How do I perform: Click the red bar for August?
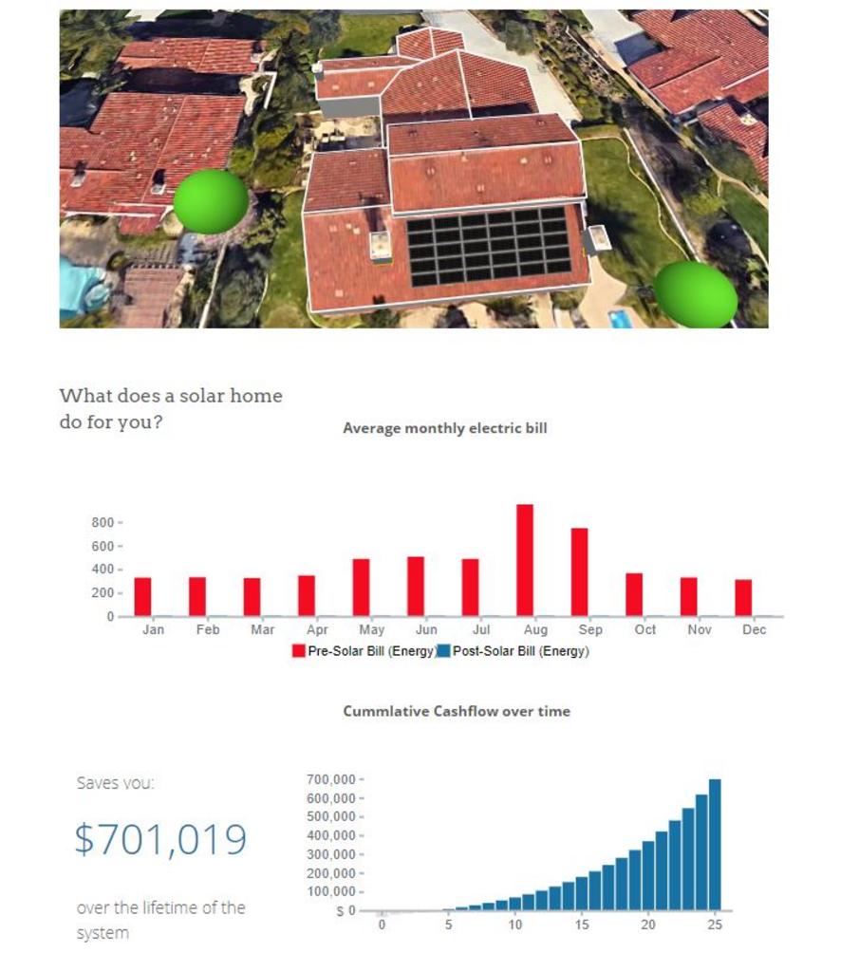tap(525, 560)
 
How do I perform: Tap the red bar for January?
tap(142, 596)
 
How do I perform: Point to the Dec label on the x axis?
tap(754, 629)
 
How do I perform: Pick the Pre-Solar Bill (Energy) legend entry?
tap(364, 651)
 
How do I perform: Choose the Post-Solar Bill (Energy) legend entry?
tap(514, 651)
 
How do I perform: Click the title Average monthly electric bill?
tap(444, 428)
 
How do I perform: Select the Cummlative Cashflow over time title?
tap(457, 711)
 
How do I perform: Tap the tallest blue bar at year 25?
tap(715, 844)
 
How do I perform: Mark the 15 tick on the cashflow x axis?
tap(582, 925)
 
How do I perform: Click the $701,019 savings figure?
tap(160, 839)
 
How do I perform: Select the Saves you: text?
tap(115, 783)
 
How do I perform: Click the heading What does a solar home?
tap(171, 396)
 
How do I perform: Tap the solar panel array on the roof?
tap(489, 246)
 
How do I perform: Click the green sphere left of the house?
tap(211, 200)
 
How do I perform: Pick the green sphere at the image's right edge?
tap(696, 294)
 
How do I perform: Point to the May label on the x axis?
tap(371, 629)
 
